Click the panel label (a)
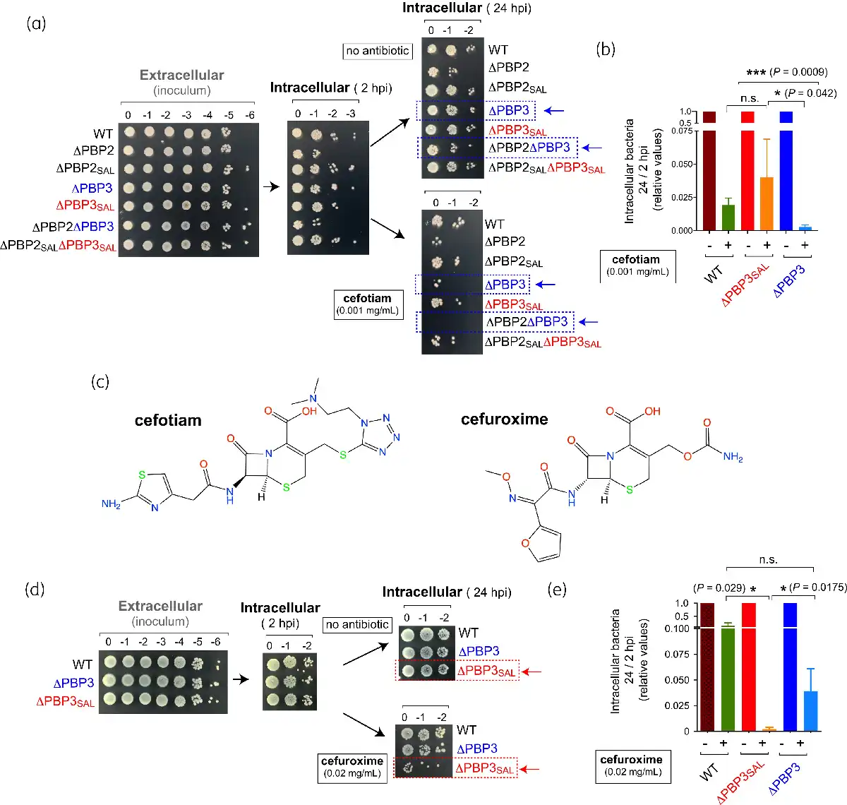pyautogui.click(x=36, y=23)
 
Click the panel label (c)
pyautogui.click(x=100, y=382)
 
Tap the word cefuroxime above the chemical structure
pyautogui.click(x=504, y=419)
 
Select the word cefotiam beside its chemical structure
pyautogui.click(x=168, y=420)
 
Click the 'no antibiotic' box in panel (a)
pyautogui.click(x=378, y=51)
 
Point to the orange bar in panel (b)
pyautogui.click(x=767, y=203)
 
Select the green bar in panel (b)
pyautogui.click(x=728, y=217)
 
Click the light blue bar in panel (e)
pyautogui.click(x=810, y=711)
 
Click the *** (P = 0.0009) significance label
pyautogui.click(x=787, y=72)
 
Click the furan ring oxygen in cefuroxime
pyautogui.click(x=525, y=543)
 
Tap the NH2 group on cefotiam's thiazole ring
pyautogui.click(x=111, y=503)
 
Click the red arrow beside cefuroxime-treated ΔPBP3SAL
pyautogui.click(x=530, y=769)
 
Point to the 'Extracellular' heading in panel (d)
pyautogui.click(x=160, y=607)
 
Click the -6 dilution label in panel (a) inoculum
pyautogui.click(x=249, y=115)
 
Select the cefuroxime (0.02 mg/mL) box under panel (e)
pyautogui.click(x=633, y=767)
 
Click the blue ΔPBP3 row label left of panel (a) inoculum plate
pyautogui.click(x=92, y=189)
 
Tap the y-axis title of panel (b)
pyautogui.click(x=643, y=171)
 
